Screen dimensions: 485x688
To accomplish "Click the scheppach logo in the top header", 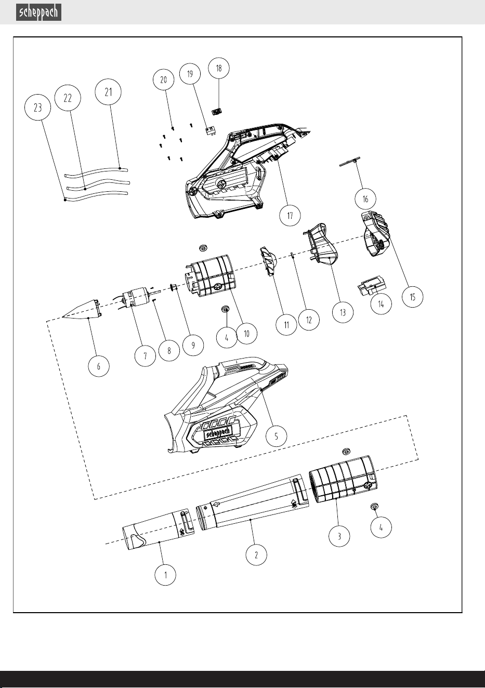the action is tap(38, 12).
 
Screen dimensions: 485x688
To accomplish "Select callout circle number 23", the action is tap(37, 108).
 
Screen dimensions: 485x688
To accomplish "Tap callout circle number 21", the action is tap(108, 92).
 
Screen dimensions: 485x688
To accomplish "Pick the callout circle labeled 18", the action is tap(219, 68).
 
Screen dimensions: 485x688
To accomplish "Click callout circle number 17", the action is tap(290, 215).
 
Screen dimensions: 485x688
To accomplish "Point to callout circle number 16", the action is tap(365, 199).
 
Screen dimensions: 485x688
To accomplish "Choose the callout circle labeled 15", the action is tap(412, 297).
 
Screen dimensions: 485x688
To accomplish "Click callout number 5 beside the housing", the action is tap(276, 436).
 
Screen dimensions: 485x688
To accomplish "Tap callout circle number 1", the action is tap(165, 575).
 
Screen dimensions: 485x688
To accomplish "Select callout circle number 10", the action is tap(246, 334).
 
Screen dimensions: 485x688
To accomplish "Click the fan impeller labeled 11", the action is tap(268, 261).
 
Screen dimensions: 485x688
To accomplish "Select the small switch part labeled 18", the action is tap(217, 111).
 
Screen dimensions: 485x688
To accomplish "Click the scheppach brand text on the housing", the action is tap(217, 433).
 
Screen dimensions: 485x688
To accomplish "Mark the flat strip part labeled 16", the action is tap(350, 161).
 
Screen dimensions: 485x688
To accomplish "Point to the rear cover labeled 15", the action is tap(376, 233).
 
